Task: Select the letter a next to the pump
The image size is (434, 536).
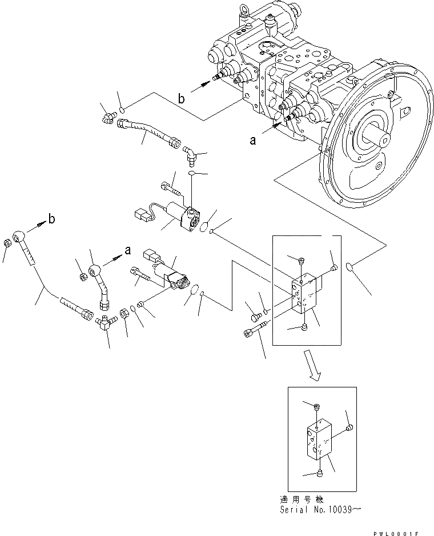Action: pos(252,139)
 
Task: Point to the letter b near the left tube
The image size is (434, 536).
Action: pos(51,219)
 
